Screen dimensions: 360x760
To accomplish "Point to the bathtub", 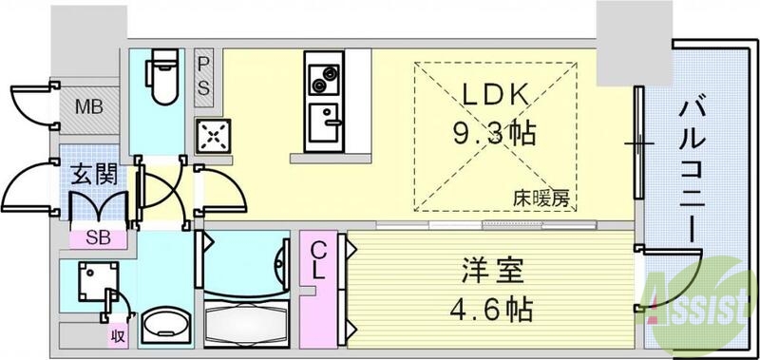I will coord(248,322).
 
